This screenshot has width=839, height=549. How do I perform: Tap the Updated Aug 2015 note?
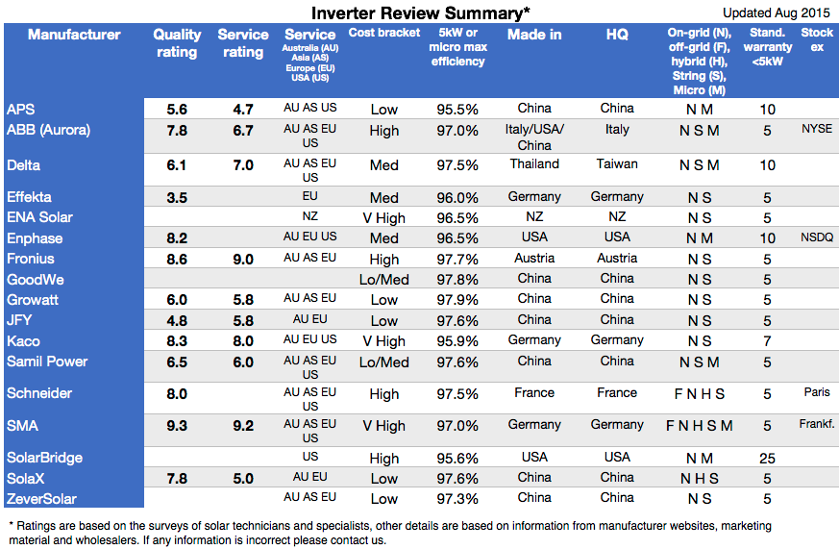(x=777, y=12)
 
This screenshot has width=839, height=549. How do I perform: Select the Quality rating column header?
(x=177, y=42)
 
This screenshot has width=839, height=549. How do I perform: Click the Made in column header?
(x=534, y=35)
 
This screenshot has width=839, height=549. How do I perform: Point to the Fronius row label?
(x=31, y=259)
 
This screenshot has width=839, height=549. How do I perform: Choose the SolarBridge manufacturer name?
(x=45, y=458)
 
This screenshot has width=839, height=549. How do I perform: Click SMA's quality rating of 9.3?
(x=177, y=425)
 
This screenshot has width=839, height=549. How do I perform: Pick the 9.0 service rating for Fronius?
(x=243, y=259)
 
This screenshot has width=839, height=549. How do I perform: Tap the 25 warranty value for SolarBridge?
(x=767, y=459)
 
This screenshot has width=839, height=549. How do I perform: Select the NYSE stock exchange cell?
(x=816, y=128)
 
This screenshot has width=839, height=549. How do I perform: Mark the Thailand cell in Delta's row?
(x=534, y=164)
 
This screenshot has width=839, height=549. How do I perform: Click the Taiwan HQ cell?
(x=617, y=164)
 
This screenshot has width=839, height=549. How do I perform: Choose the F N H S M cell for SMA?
(x=699, y=426)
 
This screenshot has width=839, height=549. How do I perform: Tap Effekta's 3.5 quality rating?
(x=177, y=198)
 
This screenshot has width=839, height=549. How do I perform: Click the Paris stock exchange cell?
(x=816, y=391)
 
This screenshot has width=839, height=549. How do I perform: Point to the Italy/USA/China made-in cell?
(x=534, y=137)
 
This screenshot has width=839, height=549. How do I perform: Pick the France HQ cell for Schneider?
(x=617, y=392)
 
